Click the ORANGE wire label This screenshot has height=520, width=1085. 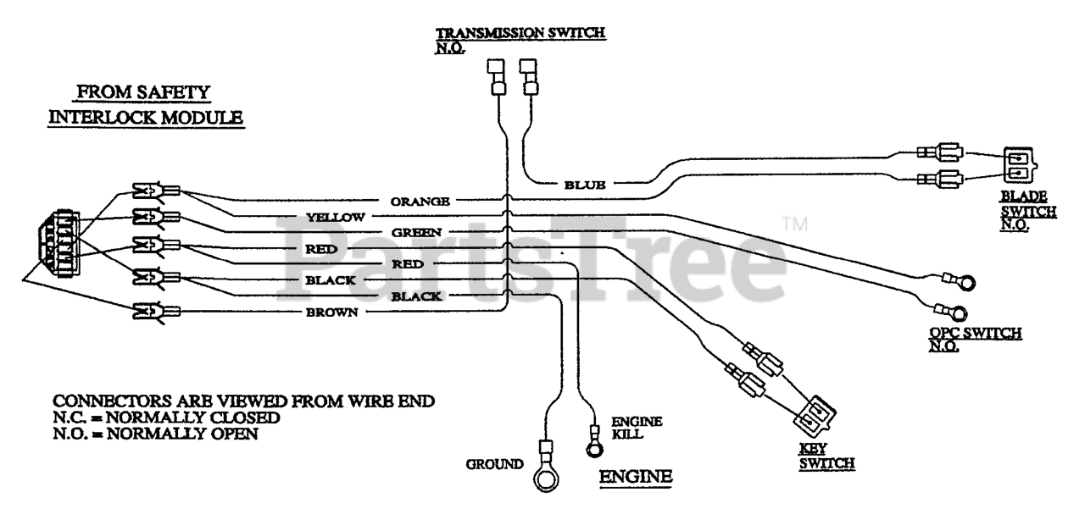coord(420,202)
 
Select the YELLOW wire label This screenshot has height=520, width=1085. coord(335,218)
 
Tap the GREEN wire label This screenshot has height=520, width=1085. coord(416,233)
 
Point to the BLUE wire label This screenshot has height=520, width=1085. coord(585,185)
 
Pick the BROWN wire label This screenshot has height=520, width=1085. coord(331,313)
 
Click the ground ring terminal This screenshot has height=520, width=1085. coord(546,479)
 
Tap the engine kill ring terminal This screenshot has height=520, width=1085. coord(594,450)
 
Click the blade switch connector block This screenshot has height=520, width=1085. coord(1020,165)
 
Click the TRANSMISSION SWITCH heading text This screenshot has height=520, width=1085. coord(520,33)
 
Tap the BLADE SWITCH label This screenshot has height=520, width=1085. coord(1028,211)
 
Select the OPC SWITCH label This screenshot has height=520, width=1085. coord(975,340)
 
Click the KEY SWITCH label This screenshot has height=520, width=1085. coord(826,456)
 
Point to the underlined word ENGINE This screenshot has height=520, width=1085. coord(636,477)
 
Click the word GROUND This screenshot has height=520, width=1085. coord(494,465)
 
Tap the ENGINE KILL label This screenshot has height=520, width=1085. coord(637,428)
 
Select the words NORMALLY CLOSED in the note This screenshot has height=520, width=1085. coord(192,418)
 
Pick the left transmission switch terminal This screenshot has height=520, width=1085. coord(497,77)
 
